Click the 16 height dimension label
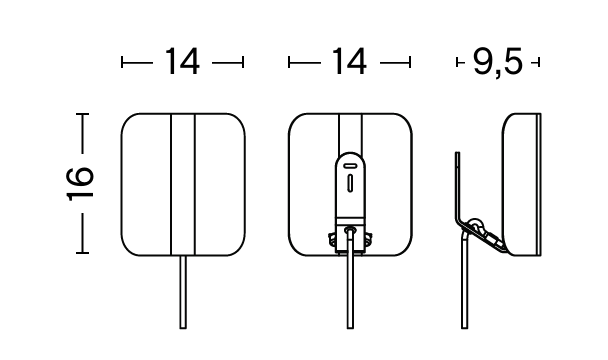[81, 184]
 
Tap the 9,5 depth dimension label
[498, 62]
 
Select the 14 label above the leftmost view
[182, 61]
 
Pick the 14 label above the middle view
[349, 61]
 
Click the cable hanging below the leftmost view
[183, 292]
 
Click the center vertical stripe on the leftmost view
[183, 185]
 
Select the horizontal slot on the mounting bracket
[350, 166]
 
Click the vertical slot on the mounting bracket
[350, 183]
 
